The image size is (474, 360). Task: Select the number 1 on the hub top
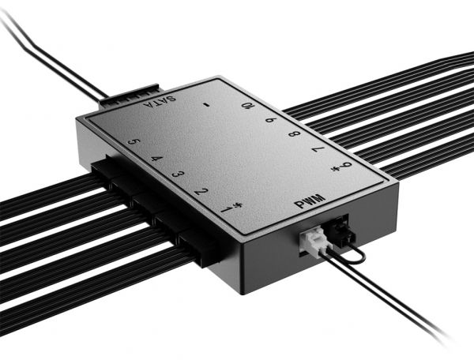(x=225, y=208)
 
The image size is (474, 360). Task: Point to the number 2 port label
(x=201, y=192)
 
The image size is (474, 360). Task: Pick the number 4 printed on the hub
(x=156, y=159)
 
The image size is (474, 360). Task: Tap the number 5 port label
(x=134, y=143)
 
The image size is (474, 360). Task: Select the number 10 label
(x=248, y=106)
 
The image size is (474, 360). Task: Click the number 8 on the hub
(x=294, y=134)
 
